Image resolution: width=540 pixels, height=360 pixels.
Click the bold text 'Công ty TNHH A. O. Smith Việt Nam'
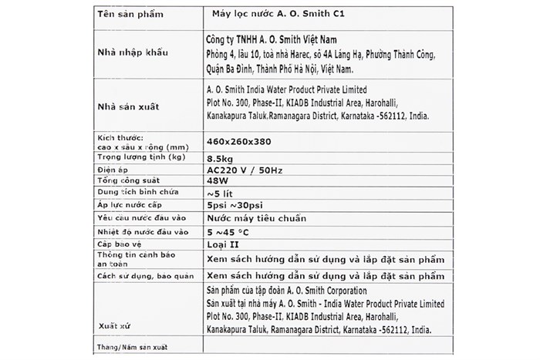tap(275, 39)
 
